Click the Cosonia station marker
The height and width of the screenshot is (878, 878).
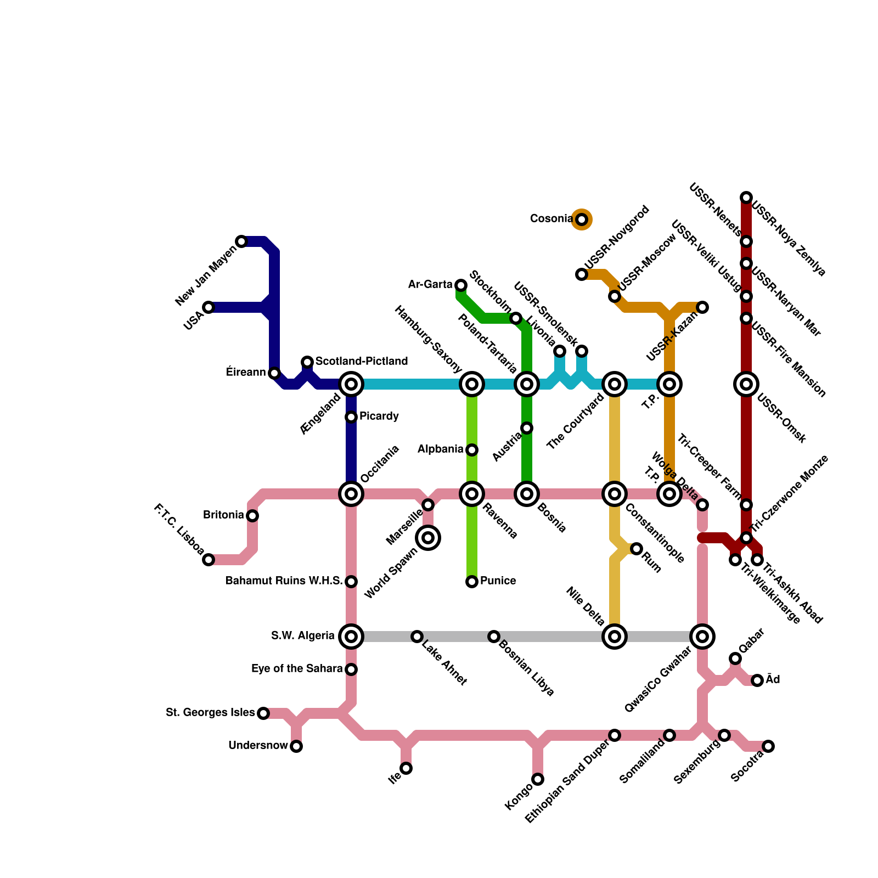[582, 219]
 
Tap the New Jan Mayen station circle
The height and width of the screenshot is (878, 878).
[241, 241]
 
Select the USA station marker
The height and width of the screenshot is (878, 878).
[209, 307]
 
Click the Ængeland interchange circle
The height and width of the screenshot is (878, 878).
[351, 384]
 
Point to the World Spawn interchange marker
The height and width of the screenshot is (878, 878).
[428, 538]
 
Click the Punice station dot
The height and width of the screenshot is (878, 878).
[472, 582]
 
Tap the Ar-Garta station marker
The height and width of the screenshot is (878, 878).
[461, 285]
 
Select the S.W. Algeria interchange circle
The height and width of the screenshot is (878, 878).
[351, 637]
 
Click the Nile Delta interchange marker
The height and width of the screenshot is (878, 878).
[615, 637]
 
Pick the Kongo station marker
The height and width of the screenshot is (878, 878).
[538, 779]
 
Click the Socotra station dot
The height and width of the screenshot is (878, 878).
[768, 746]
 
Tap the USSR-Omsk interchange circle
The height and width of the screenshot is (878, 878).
[746, 384]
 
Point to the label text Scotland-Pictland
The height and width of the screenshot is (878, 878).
[361, 361]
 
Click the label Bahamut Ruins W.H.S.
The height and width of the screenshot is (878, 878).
[284, 581]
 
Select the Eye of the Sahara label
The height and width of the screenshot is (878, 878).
[297, 668]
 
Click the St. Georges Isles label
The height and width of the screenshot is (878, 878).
[210, 712]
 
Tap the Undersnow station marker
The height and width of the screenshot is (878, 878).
[296, 746]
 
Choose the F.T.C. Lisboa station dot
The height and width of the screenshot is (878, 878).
[209, 560]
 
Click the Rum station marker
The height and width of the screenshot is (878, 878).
[637, 549]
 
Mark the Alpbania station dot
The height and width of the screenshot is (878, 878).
[472, 450]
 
